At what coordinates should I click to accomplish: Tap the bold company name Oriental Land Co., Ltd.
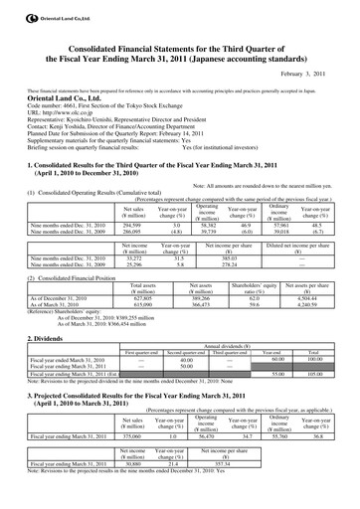[47, 97]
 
